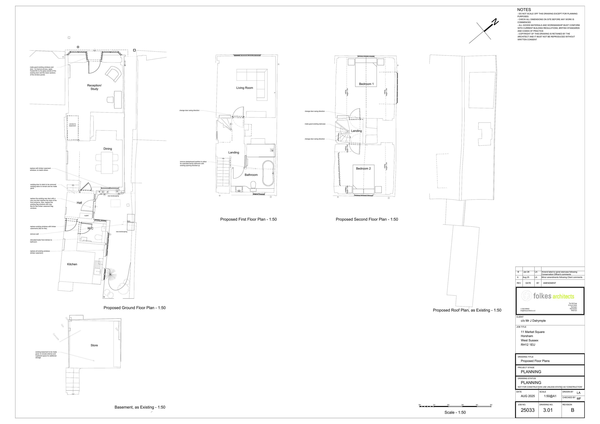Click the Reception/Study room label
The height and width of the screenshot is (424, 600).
[x=94, y=87]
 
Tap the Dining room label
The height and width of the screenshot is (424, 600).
[x=108, y=149]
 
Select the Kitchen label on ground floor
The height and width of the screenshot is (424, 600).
[x=72, y=264]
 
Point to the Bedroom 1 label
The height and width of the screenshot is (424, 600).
[x=366, y=84]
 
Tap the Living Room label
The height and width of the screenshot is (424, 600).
[x=245, y=88]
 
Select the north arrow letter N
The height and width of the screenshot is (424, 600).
[x=495, y=22]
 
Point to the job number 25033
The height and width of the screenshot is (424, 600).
[x=528, y=410]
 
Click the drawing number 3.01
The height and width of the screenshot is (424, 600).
[x=548, y=410]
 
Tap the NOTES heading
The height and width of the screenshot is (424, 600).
[x=524, y=10]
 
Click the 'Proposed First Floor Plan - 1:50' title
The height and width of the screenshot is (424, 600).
[x=248, y=219]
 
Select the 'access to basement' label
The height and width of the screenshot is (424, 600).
[x=72, y=125]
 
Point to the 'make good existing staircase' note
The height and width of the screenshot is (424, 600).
[x=315, y=124]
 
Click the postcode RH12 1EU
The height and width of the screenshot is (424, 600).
[x=528, y=345]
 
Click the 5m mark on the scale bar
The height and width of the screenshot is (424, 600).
[x=491, y=405]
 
